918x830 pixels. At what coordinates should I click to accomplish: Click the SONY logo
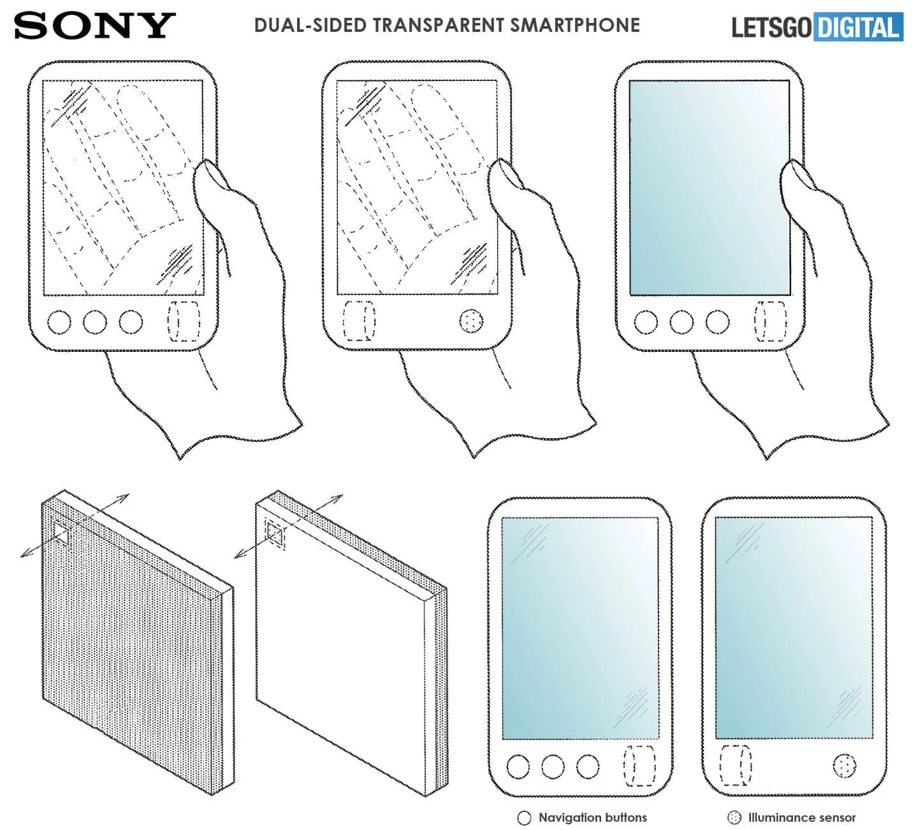pyautogui.click(x=95, y=25)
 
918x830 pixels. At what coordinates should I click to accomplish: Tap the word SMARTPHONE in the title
pyautogui.click(x=575, y=25)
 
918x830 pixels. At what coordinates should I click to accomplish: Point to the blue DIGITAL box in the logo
pyautogui.click(x=858, y=27)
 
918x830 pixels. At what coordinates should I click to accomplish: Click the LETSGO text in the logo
pyautogui.click(x=771, y=27)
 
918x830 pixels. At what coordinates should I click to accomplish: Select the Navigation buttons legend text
pyautogui.click(x=593, y=817)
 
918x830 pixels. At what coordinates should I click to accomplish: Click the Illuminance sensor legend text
pyautogui.click(x=802, y=817)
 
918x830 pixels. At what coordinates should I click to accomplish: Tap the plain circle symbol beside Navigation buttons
pyautogui.click(x=524, y=818)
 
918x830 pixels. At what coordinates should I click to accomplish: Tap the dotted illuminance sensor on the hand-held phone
pyautogui.click(x=471, y=321)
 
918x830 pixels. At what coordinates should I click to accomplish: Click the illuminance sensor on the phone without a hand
pyautogui.click(x=844, y=766)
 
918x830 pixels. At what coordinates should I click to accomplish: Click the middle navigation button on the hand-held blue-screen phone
pyautogui.click(x=681, y=322)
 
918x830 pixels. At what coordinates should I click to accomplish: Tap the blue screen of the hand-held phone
pyautogui.click(x=710, y=187)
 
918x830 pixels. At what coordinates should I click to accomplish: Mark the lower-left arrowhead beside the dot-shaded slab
pyautogui.click(x=25, y=555)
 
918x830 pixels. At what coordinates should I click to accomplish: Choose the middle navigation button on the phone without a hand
pyautogui.click(x=553, y=766)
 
